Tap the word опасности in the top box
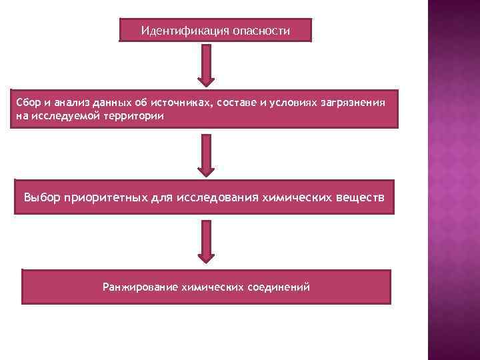pyautogui.click(x=261, y=31)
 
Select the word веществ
pyautogui.click(x=360, y=198)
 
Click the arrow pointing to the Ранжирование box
pyautogui.click(x=207, y=242)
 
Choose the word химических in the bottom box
pyautogui.click(x=212, y=287)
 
